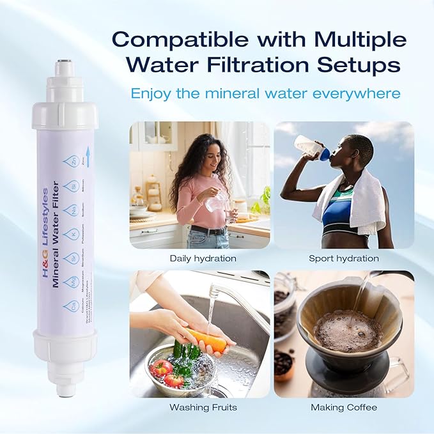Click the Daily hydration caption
click(203, 259)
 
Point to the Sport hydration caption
click(344, 259)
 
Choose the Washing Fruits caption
click(203, 407)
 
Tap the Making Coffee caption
click(344, 407)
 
